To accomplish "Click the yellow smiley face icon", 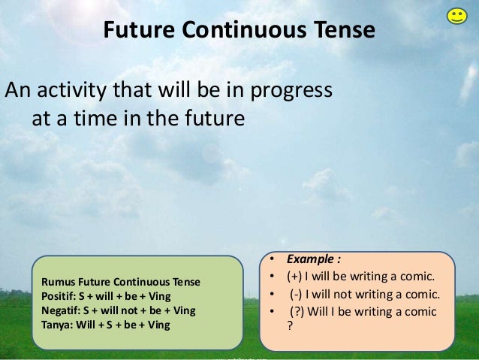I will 456,16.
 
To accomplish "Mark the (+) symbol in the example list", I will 296,278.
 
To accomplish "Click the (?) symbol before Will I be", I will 299,311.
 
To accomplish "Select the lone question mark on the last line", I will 291,326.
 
